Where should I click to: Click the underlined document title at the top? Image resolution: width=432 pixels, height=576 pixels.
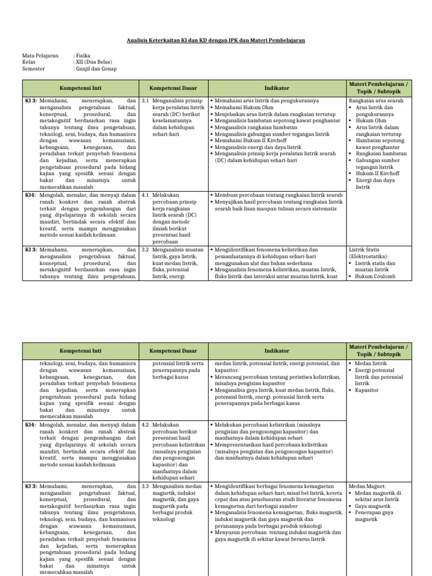tap(215, 41)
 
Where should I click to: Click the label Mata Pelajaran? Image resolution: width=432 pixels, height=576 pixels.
tap(40, 56)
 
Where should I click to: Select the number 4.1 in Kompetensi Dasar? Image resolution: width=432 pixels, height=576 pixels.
tap(145, 195)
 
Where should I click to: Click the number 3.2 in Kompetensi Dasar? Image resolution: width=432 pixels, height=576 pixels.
tap(145, 249)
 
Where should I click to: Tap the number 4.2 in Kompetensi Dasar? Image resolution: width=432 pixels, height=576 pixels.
tap(145, 425)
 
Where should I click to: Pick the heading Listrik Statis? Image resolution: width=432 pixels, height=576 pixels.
tap(366, 249)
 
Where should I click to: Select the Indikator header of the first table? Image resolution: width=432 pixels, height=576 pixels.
tap(277, 88)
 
